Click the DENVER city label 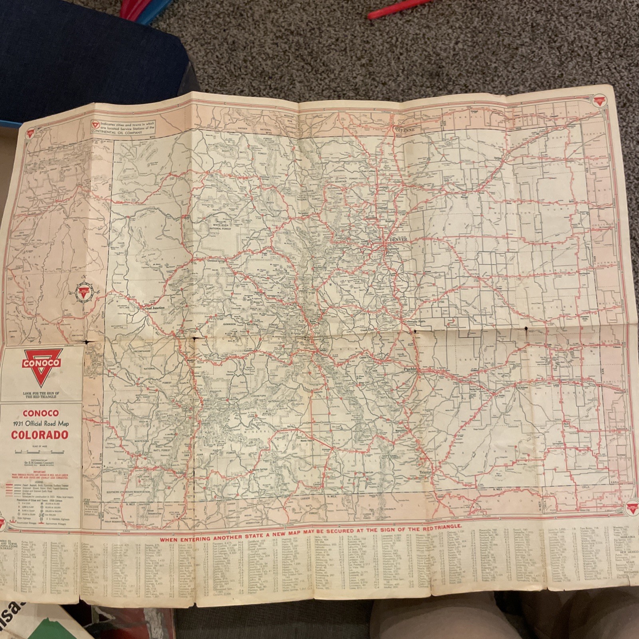click(x=397, y=239)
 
